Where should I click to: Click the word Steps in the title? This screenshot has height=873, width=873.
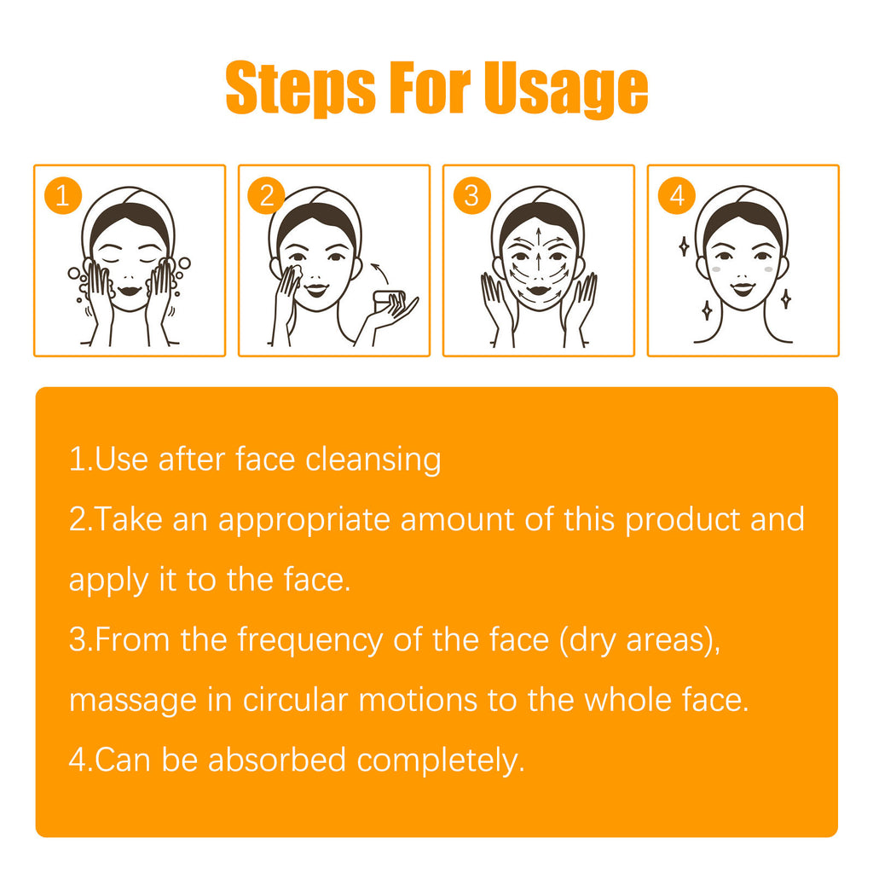click(300, 88)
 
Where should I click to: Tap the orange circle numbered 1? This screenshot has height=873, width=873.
click(61, 196)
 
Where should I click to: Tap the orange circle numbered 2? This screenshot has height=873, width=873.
click(266, 196)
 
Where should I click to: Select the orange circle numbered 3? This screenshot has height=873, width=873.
click(471, 196)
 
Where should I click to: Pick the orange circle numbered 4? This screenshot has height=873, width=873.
click(676, 196)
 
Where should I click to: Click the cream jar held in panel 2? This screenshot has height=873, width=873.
click(392, 299)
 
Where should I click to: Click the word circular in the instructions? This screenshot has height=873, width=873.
click(295, 700)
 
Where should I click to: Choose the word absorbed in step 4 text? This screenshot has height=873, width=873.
click(276, 760)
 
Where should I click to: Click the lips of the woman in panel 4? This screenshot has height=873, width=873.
click(741, 290)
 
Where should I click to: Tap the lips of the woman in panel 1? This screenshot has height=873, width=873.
click(128, 290)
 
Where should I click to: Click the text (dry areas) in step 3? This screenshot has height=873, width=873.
click(639, 639)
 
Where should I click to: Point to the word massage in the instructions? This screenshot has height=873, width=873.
click(121, 701)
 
